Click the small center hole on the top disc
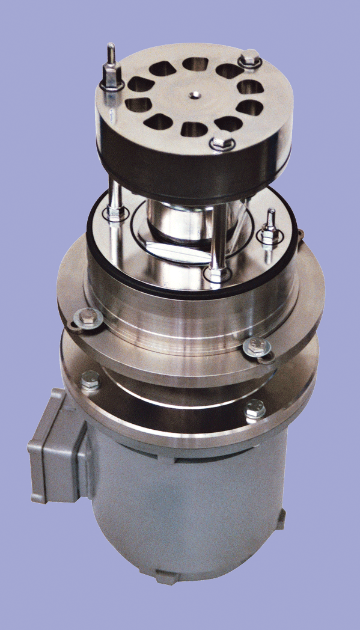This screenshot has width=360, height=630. tap(195, 94)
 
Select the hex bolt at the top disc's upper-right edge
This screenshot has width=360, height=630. tap(249, 60)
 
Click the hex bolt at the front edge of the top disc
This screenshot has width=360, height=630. tap(222, 143)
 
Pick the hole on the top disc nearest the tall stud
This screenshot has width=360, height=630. tap(142, 84)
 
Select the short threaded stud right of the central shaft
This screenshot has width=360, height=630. tap(270, 226)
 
